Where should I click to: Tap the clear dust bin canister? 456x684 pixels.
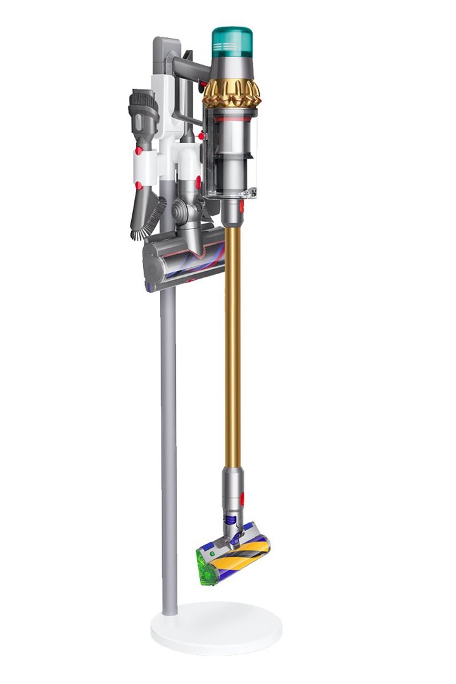(232, 158)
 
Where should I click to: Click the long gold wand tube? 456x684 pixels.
(232, 348)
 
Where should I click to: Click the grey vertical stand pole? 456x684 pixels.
(168, 443)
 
